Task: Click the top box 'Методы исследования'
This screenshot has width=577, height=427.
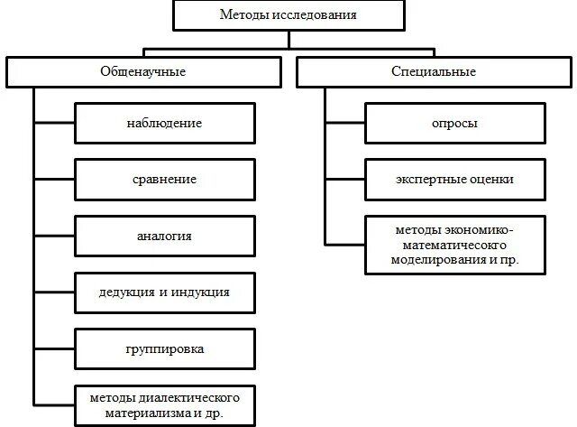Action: [288, 15]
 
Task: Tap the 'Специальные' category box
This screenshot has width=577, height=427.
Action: [435, 71]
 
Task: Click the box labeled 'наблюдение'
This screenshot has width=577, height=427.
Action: [164, 123]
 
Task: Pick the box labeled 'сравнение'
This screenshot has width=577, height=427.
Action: [164, 179]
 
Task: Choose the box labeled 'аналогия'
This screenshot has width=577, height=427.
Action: [164, 236]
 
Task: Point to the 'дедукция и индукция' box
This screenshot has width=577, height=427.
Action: [164, 292]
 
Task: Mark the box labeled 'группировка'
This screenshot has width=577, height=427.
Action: [164, 348]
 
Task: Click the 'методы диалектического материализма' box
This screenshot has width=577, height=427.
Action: [164, 404]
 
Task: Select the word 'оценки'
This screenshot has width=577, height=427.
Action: [493, 179]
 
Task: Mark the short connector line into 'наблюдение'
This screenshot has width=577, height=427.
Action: [54, 123]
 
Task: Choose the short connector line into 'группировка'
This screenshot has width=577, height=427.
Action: [54, 348]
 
